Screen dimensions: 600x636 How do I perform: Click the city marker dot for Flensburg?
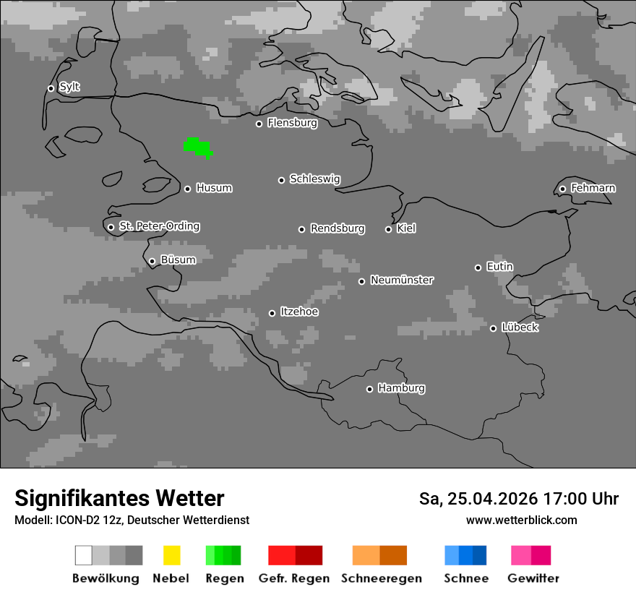pos(259,124)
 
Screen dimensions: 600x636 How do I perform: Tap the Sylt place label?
pos(69,87)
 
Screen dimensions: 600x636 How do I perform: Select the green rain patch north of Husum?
pos(197,147)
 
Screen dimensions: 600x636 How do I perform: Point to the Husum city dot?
pos(187,189)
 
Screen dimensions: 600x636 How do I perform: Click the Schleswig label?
pos(314,179)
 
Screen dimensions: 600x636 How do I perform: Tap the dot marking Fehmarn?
pos(562,189)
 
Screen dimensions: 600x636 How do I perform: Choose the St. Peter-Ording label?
pos(159,226)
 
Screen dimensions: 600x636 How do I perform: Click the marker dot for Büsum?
pos(152,261)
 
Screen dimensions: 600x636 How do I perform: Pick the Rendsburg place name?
pos(338,228)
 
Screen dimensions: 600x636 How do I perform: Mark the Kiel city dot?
pos(388,229)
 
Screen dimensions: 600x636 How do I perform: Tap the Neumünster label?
pos(402,280)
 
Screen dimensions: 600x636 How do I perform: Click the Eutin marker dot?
pos(478,267)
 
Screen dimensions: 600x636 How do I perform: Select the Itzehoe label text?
pos(299,312)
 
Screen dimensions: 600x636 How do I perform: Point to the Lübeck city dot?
pos(493,328)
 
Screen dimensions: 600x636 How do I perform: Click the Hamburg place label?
pos(401,388)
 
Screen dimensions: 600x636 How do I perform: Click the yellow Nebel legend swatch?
pos(171,555)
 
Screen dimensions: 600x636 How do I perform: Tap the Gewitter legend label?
pos(533,578)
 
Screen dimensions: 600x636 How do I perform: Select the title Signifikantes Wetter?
pos(119,498)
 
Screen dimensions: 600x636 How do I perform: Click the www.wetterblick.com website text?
pos(521,520)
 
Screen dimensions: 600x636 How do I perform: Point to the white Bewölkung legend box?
pos(83,555)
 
